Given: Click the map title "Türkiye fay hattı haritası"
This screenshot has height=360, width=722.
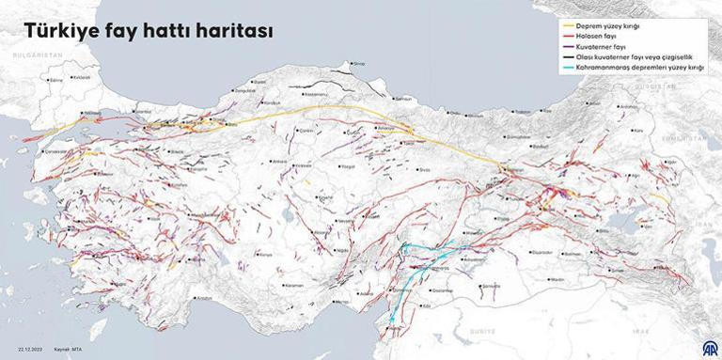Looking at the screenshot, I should (149, 32).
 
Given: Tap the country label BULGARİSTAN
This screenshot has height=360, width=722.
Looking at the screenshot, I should (35, 56).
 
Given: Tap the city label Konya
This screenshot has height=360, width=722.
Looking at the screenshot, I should (265, 255).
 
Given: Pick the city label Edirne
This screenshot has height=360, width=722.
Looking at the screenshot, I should (55, 81).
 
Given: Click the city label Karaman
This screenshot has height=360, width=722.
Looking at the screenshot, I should (295, 284).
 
